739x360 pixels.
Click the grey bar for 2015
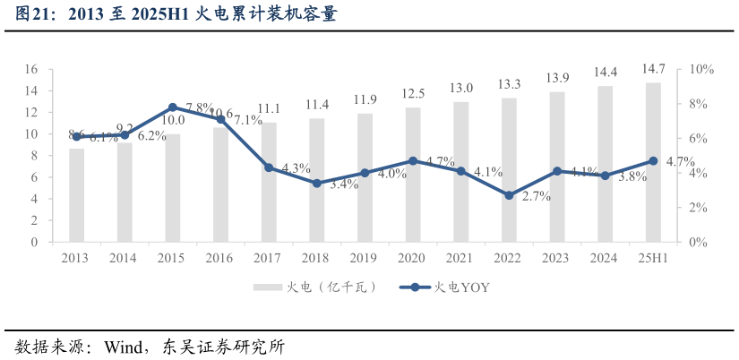tap(173, 188)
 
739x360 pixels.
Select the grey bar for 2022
tap(509, 170)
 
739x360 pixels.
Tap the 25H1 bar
tap(653, 162)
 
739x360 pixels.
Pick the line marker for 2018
tap(316, 183)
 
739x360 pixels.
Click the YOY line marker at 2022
tap(509, 195)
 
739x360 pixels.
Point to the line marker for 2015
tap(172, 107)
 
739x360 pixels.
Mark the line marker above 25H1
tap(653, 161)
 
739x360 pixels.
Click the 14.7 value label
tap(653, 70)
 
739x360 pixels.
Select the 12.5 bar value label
tap(413, 94)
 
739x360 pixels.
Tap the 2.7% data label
tap(536, 197)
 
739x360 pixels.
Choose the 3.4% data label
tap(344, 184)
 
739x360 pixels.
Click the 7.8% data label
tap(199, 107)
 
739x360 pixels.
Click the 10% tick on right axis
tap(701, 70)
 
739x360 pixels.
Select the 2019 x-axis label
tap(365, 258)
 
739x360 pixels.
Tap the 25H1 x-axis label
tap(653, 258)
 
